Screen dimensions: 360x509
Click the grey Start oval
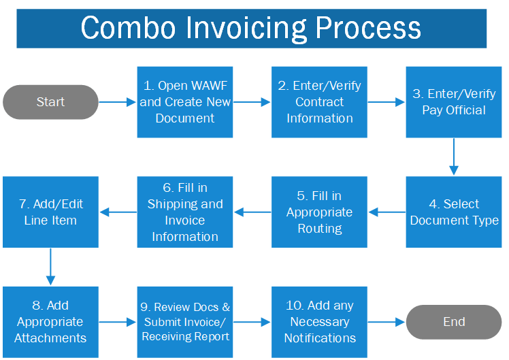[50, 102]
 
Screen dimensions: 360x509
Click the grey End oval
[454, 322]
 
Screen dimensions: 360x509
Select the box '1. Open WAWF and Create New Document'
[185, 102]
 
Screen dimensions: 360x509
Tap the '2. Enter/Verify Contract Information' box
[319, 102]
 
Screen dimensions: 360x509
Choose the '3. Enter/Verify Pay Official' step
[454, 102]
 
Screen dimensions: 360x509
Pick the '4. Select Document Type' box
[454, 212]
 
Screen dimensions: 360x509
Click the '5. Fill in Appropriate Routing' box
[319, 212]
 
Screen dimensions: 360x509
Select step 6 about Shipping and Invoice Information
[185, 212]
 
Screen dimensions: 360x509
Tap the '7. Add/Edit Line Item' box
[50, 212]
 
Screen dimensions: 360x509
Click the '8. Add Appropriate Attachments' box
[50, 322]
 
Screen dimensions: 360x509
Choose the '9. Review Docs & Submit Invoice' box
[185, 322]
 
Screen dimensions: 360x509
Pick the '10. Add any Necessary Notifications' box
[319, 322]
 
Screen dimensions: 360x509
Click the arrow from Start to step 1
[118, 102]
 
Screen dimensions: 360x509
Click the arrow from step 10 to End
[387, 322]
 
